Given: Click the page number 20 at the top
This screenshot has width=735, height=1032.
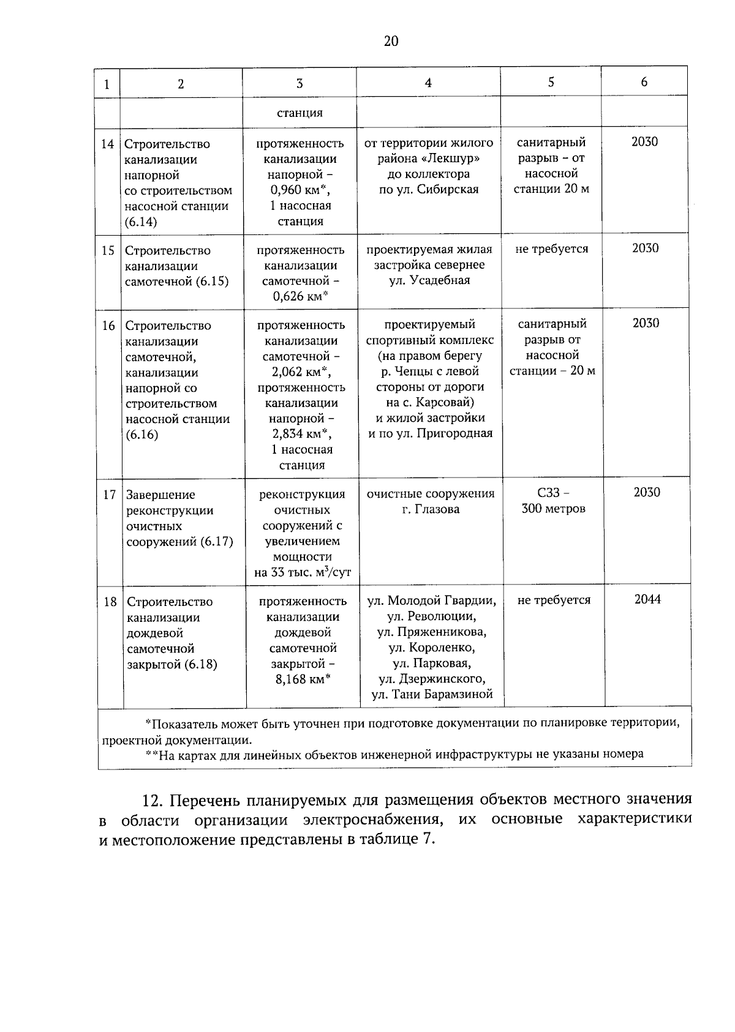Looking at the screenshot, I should pyautogui.click(x=391, y=41).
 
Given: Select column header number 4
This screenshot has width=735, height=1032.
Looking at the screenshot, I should pyautogui.click(x=428, y=83).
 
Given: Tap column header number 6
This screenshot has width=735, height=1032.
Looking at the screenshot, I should pyautogui.click(x=644, y=81).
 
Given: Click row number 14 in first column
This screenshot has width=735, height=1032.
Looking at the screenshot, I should pyautogui.click(x=107, y=144).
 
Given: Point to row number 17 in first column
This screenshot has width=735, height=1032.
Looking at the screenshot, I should pyautogui.click(x=109, y=495).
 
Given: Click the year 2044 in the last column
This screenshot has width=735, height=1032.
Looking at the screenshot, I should pyautogui.click(x=647, y=599).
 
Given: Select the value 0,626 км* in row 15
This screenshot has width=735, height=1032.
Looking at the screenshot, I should pyautogui.click(x=300, y=297).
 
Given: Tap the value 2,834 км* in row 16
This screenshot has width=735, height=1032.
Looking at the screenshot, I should pyautogui.click(x=301, y=434).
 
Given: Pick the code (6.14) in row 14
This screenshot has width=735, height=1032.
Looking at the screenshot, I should pyautogui.click(x=141, y=222).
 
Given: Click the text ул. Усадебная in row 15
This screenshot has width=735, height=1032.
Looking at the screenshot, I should pyautogui.click(x=429, y=280).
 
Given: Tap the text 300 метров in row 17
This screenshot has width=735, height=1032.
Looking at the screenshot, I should pyautogui.click(x=553, y=509).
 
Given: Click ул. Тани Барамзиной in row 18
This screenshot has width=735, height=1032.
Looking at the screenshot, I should pyautogui.click(x=432, y=694).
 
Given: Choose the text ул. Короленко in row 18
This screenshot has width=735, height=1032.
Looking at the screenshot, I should pyautogui.click(x=431, y=648).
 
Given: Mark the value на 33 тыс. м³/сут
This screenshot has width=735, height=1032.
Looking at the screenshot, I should pyautogui.click(x=303, y=573).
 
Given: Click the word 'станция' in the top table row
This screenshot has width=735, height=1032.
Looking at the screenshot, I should pyautogui.click(x=300, y=113).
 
